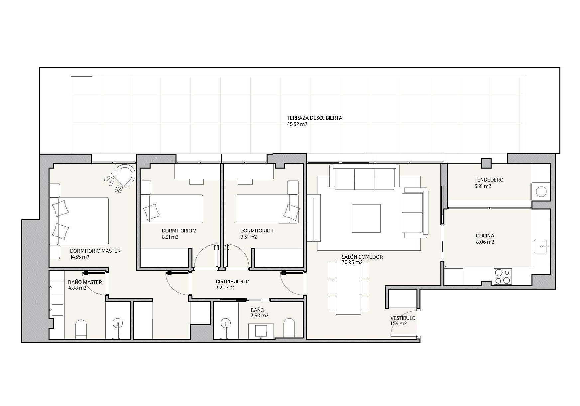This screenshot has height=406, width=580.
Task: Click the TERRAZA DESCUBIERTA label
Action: tap(314, 118)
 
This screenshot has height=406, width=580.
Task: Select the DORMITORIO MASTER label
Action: tap(95, 251)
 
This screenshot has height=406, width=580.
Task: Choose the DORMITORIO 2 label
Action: tap(179, 231)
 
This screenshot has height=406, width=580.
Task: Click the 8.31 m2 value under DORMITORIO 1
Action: tap(248, 237)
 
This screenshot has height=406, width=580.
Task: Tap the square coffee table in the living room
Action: tap(366, 218)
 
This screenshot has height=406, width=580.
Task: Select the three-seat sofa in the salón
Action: tap(365, 177)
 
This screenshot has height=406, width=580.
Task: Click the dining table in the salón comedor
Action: tap(348, 288)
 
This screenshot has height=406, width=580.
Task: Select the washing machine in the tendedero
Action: tap(541, 192)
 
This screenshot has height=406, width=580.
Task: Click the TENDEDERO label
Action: tap(489, 180)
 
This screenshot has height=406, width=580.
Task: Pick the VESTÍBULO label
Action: tap(403, 318)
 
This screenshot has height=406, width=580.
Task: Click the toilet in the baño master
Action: tap(81, 329)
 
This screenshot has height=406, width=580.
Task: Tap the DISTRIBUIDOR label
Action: tap(232, 282)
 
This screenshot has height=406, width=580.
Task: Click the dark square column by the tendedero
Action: tap(487, 163)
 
